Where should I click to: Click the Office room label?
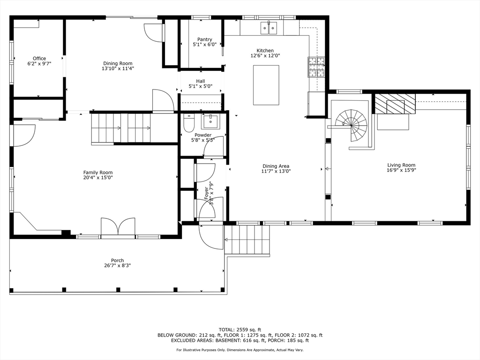(x=39, y=59)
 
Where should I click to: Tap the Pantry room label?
(x=204, y=40)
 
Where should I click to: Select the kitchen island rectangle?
(x=266, y=85)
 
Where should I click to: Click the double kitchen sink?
(x=269, y=28)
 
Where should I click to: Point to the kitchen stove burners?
(x=315, y=67)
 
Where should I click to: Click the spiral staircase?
(x=354, y=126)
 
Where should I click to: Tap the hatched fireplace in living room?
(x=395, y=103)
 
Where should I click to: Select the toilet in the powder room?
(x=189, y=124)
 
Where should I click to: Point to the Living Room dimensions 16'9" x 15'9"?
(x=401, y=171)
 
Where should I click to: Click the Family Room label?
(x=98, y=172)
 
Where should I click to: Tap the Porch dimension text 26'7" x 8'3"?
(x=117, y=266)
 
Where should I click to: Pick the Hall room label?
(x=200, y=81)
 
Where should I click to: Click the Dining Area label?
(x=276, y=166)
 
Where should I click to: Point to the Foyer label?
(x=206, y=193)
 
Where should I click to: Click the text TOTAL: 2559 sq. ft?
(x=240, y=330)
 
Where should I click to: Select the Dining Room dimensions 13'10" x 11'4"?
(x=118, y=68)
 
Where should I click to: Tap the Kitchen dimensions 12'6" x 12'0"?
(x=265, y=56)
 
